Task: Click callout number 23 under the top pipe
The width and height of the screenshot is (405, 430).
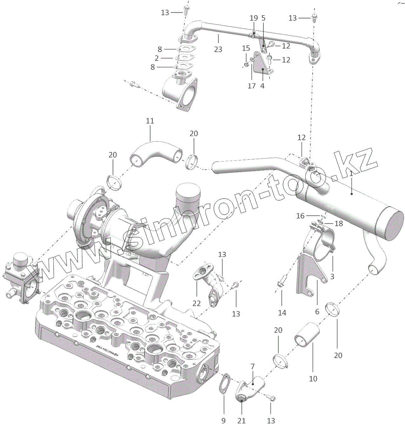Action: click(218, 49)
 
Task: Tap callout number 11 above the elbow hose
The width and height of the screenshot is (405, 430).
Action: click(150, 121)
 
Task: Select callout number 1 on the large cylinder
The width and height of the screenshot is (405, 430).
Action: click(351, 173)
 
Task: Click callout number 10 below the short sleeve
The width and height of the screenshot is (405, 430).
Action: click(313, 379)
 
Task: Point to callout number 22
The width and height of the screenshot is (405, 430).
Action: click(196, 303)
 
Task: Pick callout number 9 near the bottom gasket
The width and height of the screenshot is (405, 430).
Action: click(223, 421)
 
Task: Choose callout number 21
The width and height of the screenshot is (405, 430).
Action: click(242, 421)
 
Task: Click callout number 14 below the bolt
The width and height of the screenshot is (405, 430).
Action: click(282, 313)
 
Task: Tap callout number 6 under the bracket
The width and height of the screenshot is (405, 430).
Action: click(317, 312)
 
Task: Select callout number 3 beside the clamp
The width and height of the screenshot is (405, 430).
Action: click(332, 277)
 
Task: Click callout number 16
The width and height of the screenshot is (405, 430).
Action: click(300, 216)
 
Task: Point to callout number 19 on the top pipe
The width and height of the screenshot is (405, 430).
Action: click(254, 18)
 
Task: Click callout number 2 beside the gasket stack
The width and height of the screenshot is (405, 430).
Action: click(156, 58)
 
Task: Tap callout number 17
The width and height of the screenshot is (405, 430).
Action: click(251, 86)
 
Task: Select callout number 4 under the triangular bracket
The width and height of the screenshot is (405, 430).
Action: click(262, 86)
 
